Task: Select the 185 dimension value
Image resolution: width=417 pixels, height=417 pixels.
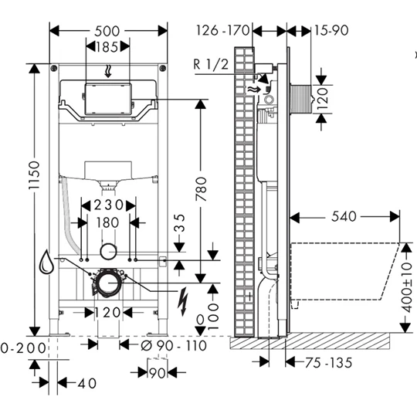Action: pyautogui.click(x=108, y=47)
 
